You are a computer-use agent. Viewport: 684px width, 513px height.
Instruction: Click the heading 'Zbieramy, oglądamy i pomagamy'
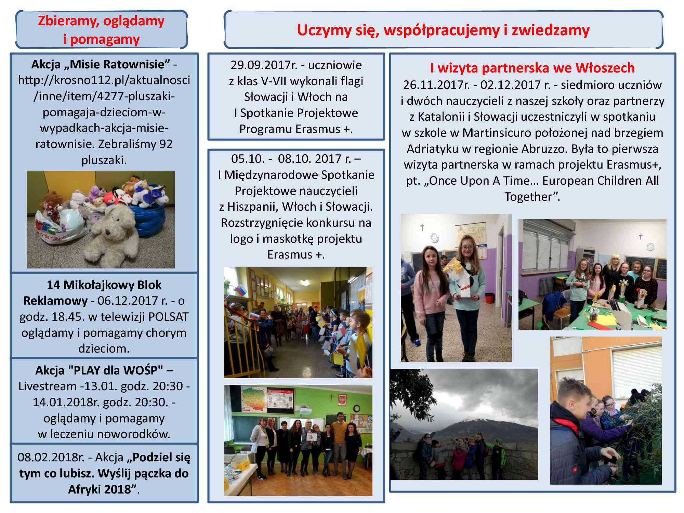click(101, 30)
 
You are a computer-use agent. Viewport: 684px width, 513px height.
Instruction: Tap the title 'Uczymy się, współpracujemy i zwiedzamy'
click(443, 30)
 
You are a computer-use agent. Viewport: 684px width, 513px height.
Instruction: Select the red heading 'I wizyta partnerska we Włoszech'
click(532, 68)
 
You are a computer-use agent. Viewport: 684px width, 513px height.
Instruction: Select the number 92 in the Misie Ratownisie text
click(166, 144)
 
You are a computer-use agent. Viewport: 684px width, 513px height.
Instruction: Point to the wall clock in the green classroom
click(356, 408)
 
